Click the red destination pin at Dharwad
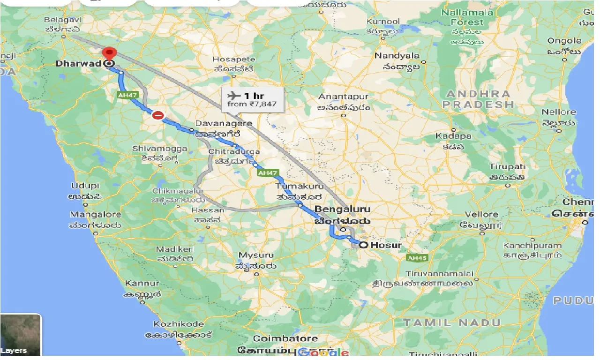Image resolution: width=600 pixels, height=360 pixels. [110, 53]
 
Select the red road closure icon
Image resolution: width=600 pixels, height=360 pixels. [158, 115]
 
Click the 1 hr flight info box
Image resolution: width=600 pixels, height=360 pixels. [253, 99]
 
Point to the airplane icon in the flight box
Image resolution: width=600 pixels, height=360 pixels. [233, 96]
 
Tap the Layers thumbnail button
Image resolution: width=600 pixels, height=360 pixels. [21, 334]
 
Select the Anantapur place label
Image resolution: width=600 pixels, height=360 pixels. [344, 97]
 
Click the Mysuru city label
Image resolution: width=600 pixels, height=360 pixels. [256, 255]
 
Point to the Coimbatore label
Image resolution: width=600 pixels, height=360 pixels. [285, 338]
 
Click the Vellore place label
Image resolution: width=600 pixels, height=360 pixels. [481, 215]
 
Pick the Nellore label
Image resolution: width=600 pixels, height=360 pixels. [559, 112]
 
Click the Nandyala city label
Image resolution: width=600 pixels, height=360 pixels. [397, 56]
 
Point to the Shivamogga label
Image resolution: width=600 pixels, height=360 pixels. [160, 149]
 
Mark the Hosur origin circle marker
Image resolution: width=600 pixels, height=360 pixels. [363, 244]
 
